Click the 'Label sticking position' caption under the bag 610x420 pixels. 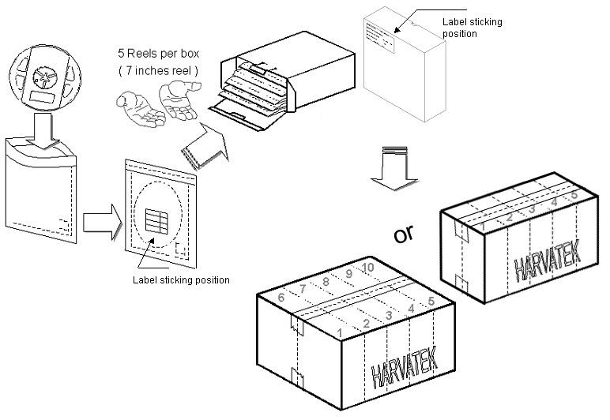(x=182, y=279)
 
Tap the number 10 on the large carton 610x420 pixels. (x=367, y=268)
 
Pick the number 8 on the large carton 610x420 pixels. (x=325, y=281)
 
